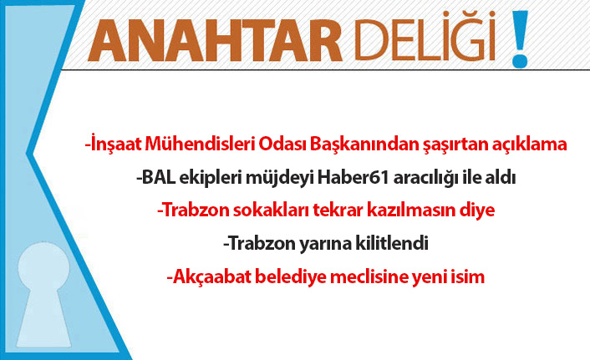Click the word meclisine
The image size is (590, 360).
[x=359, y=276]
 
